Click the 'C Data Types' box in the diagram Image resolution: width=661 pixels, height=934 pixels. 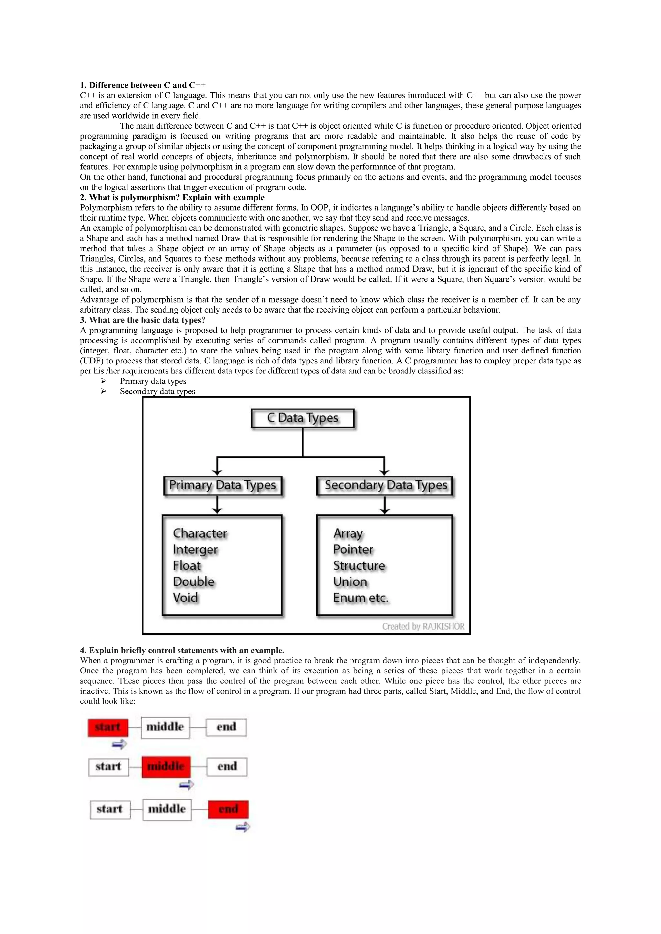(303, 418)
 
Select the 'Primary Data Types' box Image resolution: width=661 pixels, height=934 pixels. (223, 486)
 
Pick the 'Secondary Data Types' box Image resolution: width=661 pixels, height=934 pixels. (385, 486)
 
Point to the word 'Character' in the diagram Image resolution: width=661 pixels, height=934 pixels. (200, 533)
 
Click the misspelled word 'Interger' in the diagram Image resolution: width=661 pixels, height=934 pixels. (195, 550)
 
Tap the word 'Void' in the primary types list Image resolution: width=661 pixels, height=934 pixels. (186, 598)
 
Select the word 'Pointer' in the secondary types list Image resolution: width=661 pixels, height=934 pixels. (353, 550)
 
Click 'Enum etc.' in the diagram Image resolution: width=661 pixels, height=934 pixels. (361, 598)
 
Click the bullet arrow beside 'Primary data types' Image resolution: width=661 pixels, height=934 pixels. (103, 381)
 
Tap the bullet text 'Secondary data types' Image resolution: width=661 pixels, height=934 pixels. (157, 391)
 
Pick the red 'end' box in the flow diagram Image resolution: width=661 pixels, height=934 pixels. (228, 809)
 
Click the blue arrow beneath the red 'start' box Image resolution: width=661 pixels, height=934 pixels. (119, 744)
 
